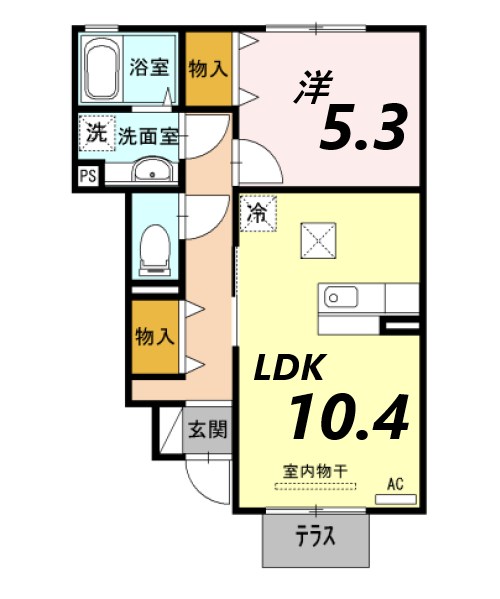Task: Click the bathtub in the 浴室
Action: [x=101, y=69]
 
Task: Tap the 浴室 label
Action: [x=149, y=69]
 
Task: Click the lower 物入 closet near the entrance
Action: [x=154, y=336]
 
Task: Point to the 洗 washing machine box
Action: [x=95, y=132]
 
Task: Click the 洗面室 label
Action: [x=148, y=136]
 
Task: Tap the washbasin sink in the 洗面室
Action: [x=152, y=170]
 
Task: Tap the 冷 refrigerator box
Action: [x=257, y=212]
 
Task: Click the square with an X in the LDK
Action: [x=321, y=240]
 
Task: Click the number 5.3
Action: [x=363, y=127]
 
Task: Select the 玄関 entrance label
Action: [x=208, y=430]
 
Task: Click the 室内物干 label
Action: [x=315, y=470]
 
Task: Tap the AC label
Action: [x=396, y=484]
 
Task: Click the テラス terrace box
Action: [x=314, y=539]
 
